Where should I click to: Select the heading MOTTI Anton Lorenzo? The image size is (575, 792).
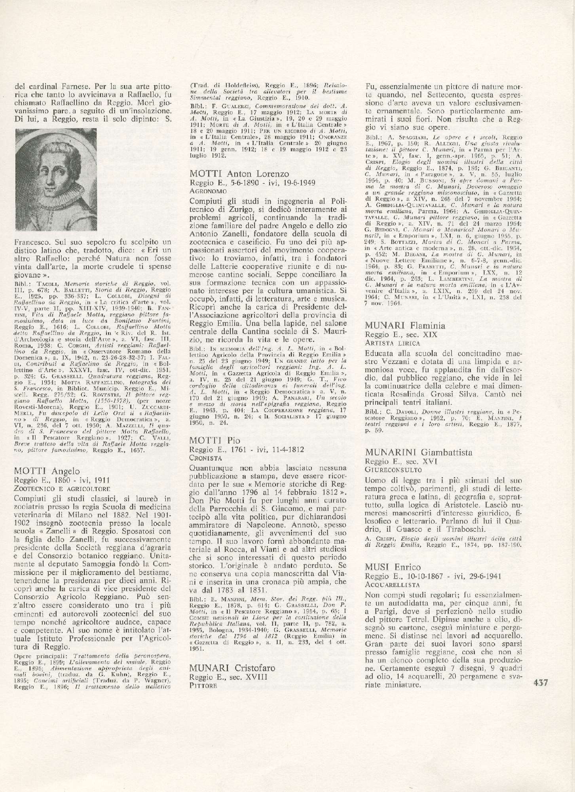click(x=239, y=173)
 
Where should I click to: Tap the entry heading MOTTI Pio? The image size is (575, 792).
click(x=215, y=440)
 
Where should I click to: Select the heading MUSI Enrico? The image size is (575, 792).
click(x=393, y=567)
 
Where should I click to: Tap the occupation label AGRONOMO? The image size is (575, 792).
click(x=208, y=191)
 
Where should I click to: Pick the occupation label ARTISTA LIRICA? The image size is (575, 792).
click(x=393, y=343)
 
